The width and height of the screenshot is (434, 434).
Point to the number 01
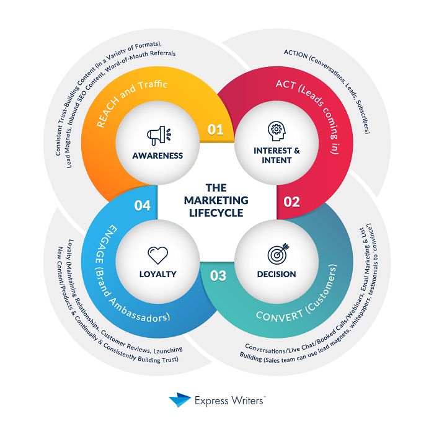215,130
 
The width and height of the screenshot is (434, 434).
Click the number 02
291,201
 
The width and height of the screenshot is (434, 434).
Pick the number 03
218,277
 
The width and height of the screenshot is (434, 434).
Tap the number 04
143,205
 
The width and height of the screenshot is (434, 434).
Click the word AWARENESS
158,155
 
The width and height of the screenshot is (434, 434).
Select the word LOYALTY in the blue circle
158,274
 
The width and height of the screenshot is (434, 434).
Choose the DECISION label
276,274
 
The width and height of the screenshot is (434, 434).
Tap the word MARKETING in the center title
216,201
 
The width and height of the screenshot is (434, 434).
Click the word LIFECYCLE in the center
216,213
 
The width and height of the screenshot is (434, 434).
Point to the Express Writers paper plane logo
180,401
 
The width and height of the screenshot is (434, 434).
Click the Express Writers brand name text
231,401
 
